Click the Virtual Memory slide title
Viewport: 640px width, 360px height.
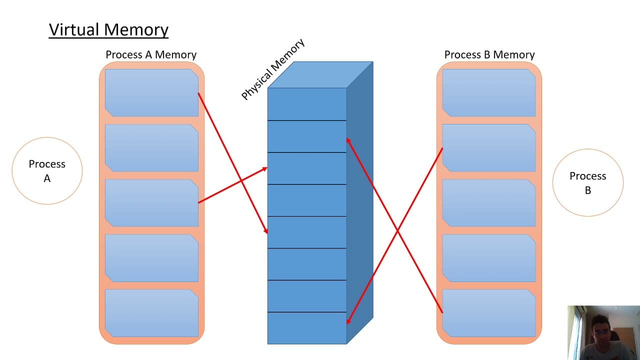108,30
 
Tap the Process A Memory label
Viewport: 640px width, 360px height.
151,54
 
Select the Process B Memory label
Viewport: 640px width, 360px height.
489,54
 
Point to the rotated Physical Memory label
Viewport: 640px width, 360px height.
273,69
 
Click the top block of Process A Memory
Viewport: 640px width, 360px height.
151,93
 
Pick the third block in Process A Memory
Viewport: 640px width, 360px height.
151,203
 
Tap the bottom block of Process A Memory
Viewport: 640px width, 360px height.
151,313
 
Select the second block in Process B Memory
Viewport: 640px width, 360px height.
489,148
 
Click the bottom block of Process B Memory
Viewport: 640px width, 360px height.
489,313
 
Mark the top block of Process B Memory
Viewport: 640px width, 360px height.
489,93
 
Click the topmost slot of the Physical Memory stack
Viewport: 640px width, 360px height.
307,104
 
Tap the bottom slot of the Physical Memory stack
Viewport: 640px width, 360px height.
307,328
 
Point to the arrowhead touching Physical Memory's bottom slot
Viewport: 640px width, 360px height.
348,320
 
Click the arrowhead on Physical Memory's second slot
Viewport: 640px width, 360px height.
348,141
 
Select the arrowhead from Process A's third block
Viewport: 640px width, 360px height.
263,169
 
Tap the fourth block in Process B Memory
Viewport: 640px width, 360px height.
489,258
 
